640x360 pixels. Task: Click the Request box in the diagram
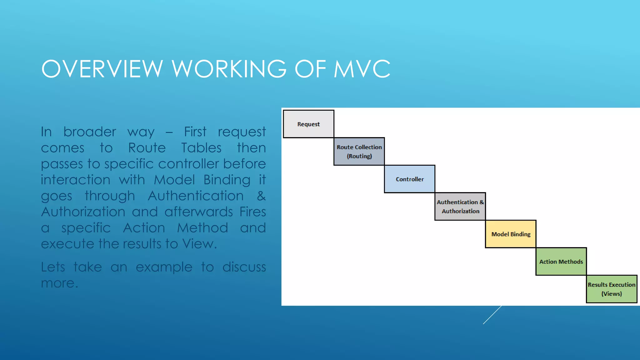click(308, 124)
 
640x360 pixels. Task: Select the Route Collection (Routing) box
click(359, 152)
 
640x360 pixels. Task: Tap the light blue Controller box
click(410, 179)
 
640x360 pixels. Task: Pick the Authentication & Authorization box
click(460, 207)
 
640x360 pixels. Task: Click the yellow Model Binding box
click(511, 234)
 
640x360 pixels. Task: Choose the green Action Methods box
click(561, 262)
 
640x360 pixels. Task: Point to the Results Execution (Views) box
click(611, 289)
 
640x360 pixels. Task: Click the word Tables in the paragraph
click(201, 148)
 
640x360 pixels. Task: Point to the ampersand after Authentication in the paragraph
click(261, 196)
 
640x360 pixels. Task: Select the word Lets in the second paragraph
click(53, 267)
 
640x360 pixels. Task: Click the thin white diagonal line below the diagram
click(492, 315)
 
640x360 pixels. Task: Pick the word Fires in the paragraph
click(252, 212)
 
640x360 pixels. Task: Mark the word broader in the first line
click(90, 132)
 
